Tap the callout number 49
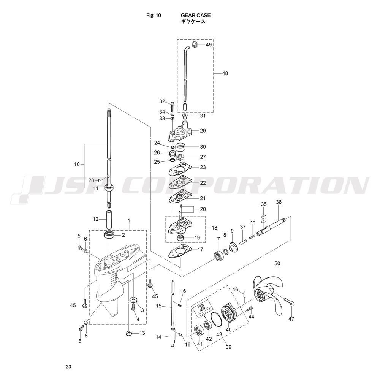pos(209,44)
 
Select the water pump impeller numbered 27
pos(181,157)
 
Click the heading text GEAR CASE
pos(196,15)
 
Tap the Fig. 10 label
pos(154,16)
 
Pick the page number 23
pos(68,366)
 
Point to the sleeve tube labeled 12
pos(109,219)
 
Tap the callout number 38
pos(279,202)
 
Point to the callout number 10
pos(77,164)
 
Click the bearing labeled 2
pos(109,234)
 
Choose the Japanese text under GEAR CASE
pos(193,22)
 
